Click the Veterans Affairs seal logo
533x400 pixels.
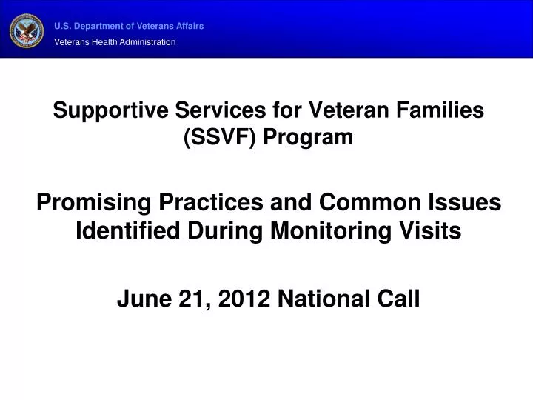[x=27, y=30]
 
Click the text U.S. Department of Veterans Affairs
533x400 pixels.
[x=129, y=26]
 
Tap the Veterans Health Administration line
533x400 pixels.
[x=115, y=42]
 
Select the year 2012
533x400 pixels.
[x=223, y=299]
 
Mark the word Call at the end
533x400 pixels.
[x=400, y=299]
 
